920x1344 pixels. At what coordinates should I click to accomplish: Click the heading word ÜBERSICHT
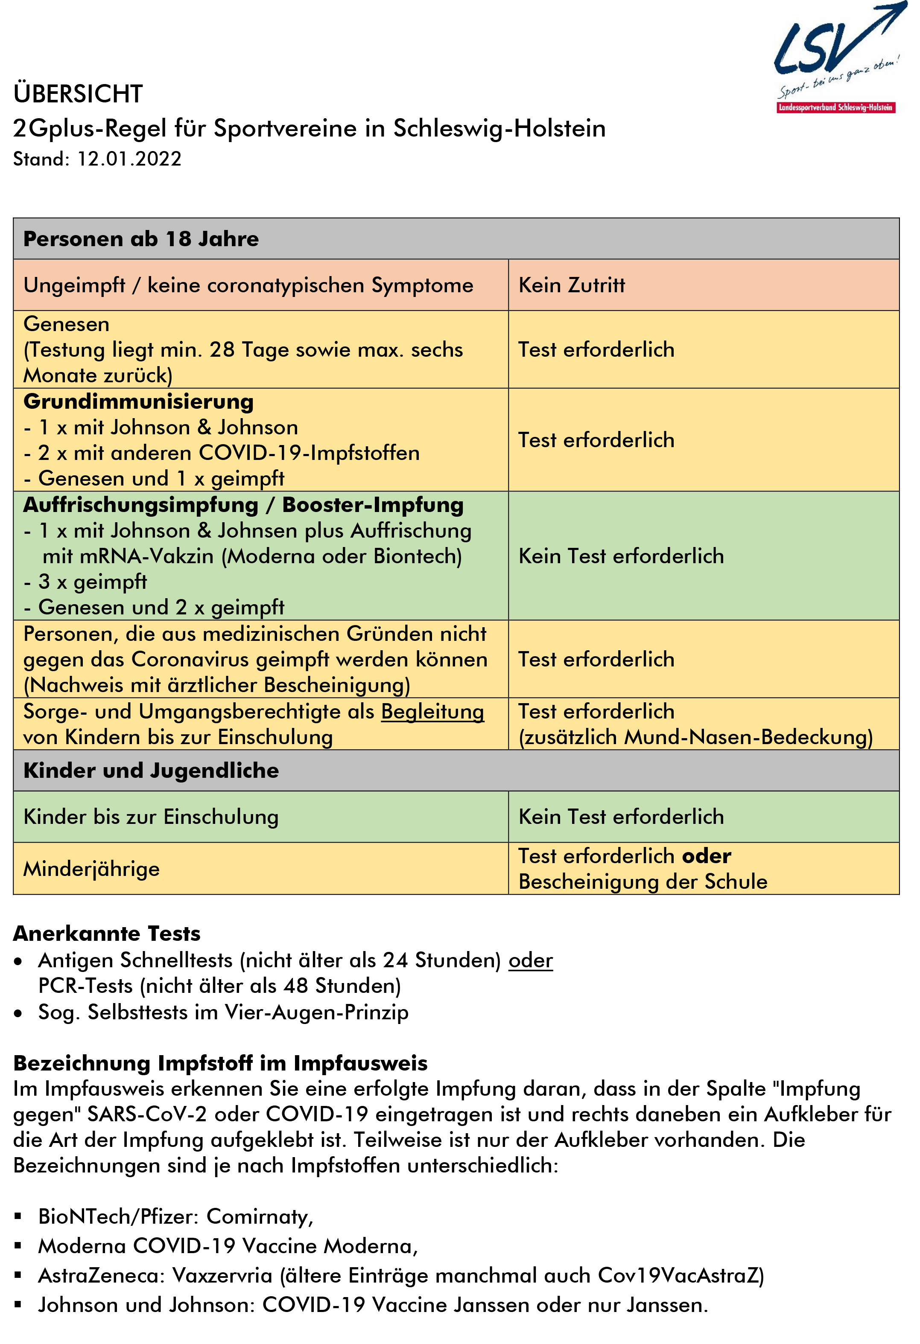point(78,94)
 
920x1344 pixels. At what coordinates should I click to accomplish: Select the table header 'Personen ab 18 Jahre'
point(140,239)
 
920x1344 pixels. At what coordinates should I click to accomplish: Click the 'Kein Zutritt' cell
point(572,285)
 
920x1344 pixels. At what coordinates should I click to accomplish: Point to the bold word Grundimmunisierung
point(138,401)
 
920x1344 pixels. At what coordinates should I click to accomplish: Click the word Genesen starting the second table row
point(67,324)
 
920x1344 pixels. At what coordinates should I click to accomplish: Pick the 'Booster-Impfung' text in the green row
point(373,505)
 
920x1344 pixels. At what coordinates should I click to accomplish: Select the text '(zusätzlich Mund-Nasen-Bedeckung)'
point(695,737)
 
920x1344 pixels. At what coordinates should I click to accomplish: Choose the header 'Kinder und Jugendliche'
point(151,771)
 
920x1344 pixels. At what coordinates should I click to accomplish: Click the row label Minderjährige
point(91,869)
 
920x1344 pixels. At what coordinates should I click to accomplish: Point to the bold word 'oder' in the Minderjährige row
point(707,856)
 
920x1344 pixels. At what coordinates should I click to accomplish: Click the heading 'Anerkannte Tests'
point(107,934)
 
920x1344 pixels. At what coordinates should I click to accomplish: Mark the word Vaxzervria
point(222,1276)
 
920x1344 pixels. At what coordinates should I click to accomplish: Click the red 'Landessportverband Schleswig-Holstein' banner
point(836,108)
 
